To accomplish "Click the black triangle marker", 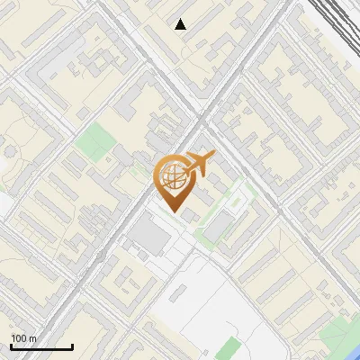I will pyautogui.click(x=181, y=24).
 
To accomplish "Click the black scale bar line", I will pyautogui.click(x=41, y=347).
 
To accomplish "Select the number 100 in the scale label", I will pyautogui.click(x=19, y=338).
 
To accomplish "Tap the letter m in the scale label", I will pyautogui.click(x=33, y=338).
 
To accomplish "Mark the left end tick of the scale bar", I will pyautogui.click(x=11, y=346).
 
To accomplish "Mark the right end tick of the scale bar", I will pyautogui.click(x=72, y=346).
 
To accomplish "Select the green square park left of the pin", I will pyautogui.click(x=90, y=140).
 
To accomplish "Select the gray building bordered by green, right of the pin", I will pyautogui.click(x=216, y=228).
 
